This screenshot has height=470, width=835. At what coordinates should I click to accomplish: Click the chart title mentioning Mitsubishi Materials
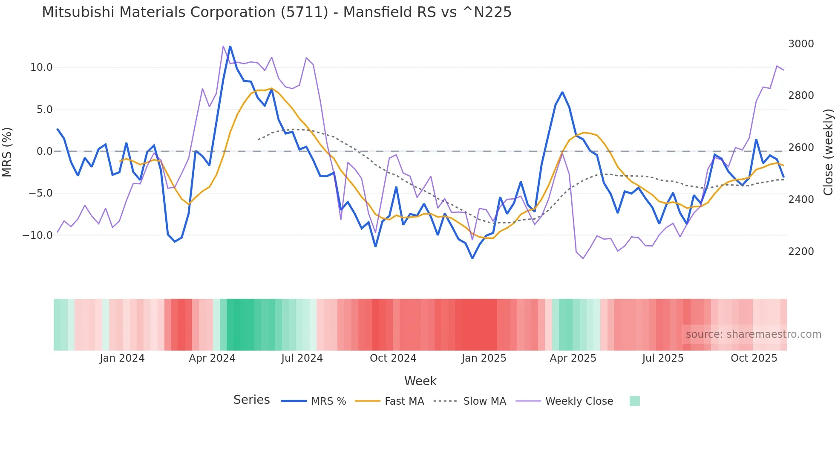[276, 12]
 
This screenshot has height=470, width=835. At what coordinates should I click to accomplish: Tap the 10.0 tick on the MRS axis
[41, 67]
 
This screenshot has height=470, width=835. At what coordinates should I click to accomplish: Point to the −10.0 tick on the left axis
[37, 235]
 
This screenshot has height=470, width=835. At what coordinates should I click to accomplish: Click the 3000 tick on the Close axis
[801, 44]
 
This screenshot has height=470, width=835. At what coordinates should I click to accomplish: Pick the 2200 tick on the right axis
[801, 252]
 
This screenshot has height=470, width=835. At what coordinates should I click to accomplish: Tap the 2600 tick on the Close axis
[801, 148]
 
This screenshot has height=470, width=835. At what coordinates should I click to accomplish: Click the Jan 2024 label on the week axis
[122, 358]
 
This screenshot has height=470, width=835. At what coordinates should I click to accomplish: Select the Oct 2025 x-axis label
[754, 358]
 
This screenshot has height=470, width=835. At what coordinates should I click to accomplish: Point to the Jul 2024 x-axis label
[302, 358]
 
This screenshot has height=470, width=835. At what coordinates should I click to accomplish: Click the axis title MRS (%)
[7, 152]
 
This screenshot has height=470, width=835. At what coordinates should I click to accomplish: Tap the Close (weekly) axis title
[828, 152]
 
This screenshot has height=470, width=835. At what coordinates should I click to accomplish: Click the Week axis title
[420, 381]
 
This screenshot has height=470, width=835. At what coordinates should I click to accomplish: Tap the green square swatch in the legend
[634, 401]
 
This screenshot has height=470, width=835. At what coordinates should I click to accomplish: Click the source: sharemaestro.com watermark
[753, 334]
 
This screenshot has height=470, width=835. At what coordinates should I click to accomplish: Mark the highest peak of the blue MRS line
[230, 46]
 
